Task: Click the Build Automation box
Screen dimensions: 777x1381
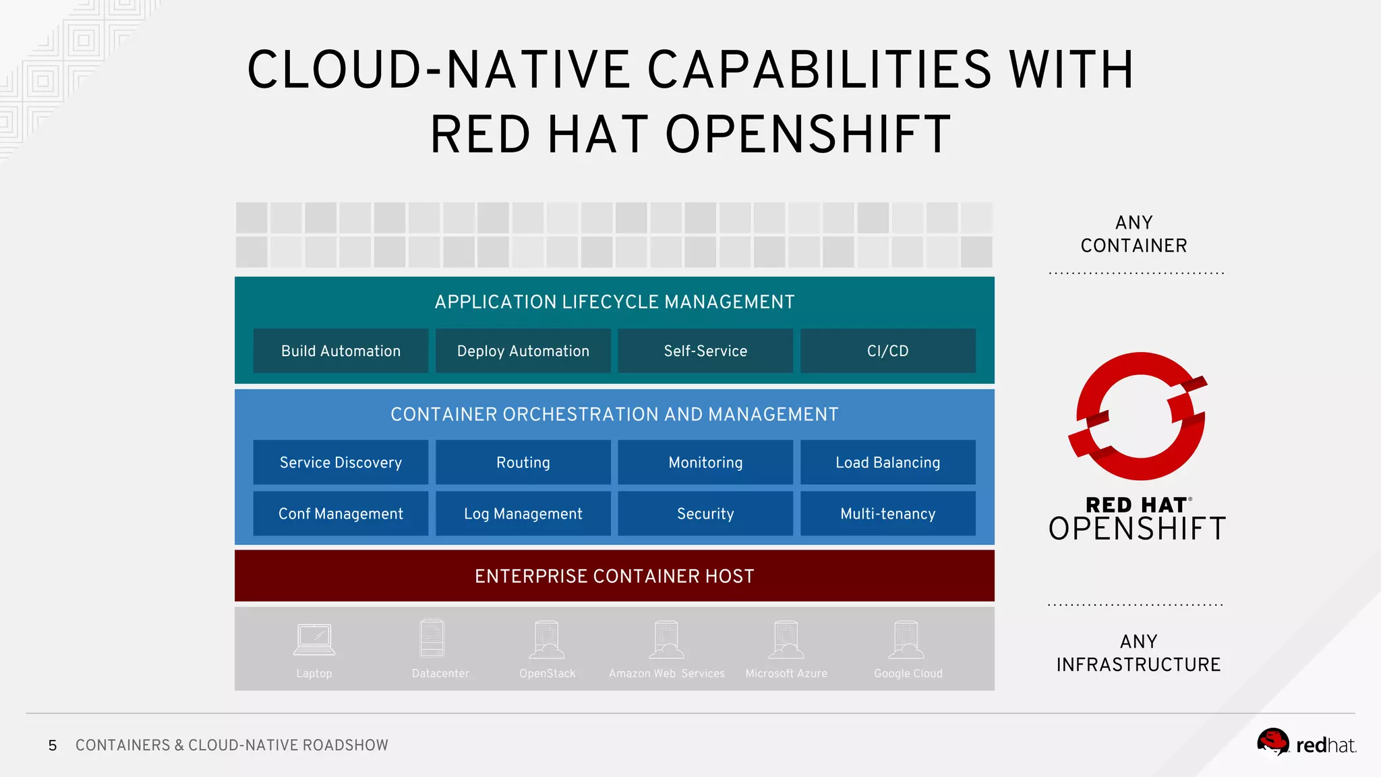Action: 341,351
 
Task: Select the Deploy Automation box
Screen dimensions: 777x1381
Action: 523,351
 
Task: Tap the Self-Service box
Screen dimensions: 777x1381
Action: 705,351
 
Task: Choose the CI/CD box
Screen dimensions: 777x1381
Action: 887,351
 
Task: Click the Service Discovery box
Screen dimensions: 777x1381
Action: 341,462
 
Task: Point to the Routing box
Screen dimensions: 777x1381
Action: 523,462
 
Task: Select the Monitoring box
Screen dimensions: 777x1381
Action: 705,462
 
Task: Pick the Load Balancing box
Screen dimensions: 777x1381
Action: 887,462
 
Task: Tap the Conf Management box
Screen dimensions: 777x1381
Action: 341,513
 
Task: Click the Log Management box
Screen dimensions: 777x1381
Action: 523,513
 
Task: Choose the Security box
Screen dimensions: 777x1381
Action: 705,513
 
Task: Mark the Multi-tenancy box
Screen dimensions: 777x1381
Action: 887,513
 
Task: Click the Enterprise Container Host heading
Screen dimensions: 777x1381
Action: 614,576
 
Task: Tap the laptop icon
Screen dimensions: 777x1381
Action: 314,639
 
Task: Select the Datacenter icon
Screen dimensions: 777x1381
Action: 432,638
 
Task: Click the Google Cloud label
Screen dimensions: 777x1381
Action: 908,673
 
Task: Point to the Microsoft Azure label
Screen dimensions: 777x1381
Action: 786,673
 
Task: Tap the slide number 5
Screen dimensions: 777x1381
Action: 53,745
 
